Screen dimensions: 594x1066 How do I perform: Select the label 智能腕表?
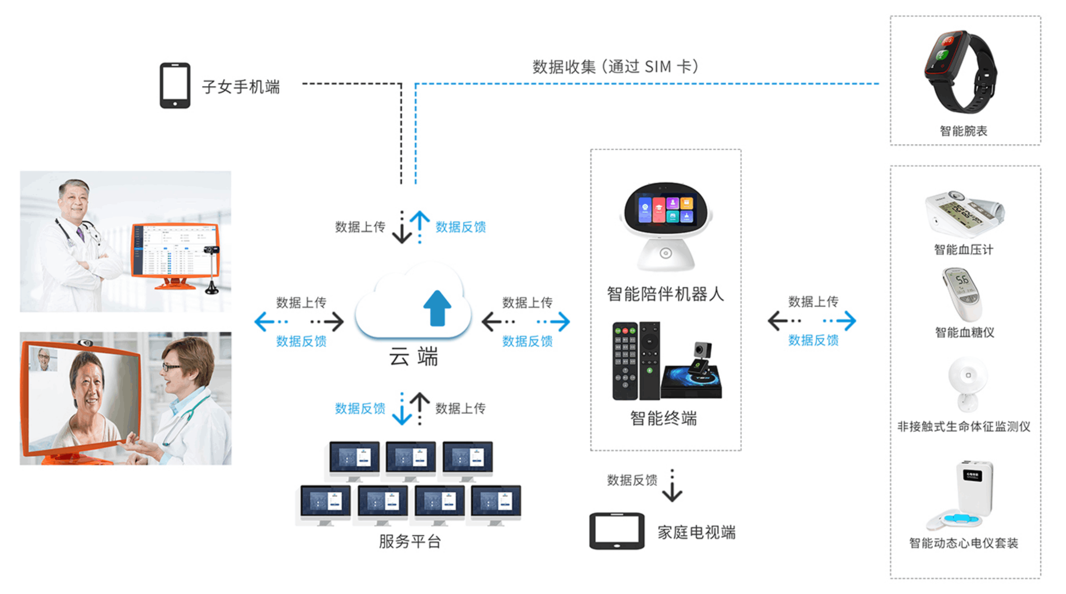pos(963,131)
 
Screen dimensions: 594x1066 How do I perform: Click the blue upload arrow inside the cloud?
pos(437,308)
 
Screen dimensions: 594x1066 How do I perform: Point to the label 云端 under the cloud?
pos(413,357)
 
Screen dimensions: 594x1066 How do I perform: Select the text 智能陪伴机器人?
pos(665,295)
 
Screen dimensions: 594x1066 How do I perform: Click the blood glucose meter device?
pos(963,294)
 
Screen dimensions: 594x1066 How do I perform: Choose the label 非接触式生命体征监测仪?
pos(964,426)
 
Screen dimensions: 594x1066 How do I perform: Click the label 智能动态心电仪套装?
pos(964,543)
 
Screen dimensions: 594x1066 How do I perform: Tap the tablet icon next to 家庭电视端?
pos(616,531)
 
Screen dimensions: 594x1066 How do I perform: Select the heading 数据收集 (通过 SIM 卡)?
pos(615,67)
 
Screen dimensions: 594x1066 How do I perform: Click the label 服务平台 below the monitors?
pos(410,541)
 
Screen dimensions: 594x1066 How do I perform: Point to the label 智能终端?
pos(664,419)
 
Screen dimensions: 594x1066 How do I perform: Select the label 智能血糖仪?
pos(964,332)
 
